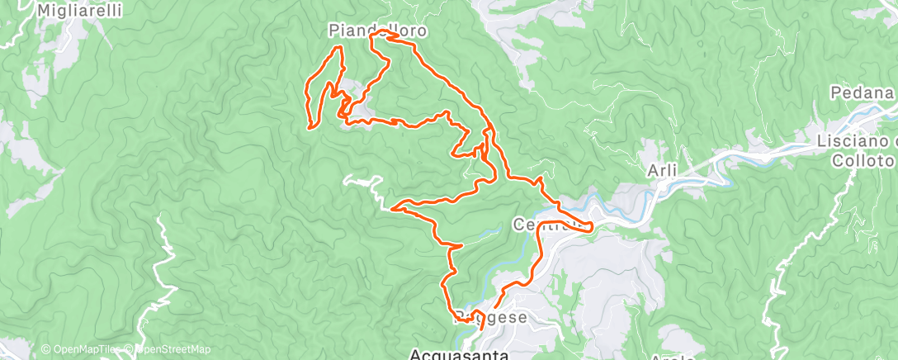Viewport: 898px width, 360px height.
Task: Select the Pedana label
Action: pyautogui.click(x=863, y=92)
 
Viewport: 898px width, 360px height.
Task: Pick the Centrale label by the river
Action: pyautogui.click(x=545, y=224)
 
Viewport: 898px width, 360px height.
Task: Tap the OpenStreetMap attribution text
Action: pyautogui.click(x=169, y=349)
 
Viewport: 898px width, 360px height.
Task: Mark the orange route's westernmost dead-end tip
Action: pyautogui.click(x=310, y=127)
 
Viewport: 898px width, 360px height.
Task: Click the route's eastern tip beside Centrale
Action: pyautogui.click(x=593, y=227)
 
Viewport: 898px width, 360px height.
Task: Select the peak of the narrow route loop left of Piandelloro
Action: pyautogui.click(x=338, y=48)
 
